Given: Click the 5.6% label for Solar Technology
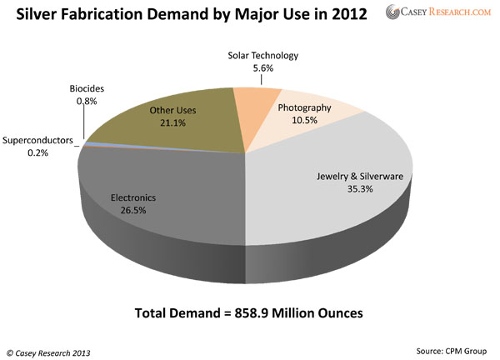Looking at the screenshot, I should point(262,69).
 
